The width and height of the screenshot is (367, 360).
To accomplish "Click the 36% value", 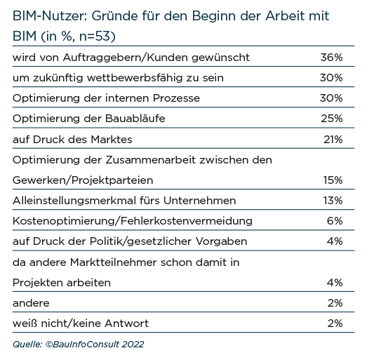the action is pos(331,58).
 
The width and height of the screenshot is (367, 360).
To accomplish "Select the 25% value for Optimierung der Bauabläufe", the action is pos(332,119).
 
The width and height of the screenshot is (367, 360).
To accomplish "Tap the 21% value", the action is pos(333,140).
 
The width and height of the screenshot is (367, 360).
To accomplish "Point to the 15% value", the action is pos(333,180).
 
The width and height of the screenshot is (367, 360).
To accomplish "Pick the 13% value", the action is pos(333,201).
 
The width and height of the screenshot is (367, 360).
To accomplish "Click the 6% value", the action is pos(335,221).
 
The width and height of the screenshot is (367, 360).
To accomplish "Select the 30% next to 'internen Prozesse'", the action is pos(331,98).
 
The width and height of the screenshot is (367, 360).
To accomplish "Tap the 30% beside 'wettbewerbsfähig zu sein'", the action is pos(331,78).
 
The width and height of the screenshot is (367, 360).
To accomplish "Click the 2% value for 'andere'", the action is pos(335,303).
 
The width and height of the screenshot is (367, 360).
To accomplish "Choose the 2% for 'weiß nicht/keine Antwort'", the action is pos(335,324).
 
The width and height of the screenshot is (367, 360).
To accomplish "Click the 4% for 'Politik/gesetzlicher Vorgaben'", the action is pos(335,241).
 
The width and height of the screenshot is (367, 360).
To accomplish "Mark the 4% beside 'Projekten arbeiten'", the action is pos(335,283).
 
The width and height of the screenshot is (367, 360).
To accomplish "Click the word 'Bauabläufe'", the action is pos(135,119).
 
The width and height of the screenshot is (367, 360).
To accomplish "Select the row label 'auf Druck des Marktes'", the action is pos(72,140).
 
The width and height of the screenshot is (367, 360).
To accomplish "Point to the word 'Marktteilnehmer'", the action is pos(113,262).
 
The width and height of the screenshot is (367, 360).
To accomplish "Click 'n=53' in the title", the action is pos(95,36).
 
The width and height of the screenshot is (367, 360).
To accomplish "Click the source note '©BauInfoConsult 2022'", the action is pos(95,345).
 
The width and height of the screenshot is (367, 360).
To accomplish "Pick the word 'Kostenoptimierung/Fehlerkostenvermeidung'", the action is pos(133,221).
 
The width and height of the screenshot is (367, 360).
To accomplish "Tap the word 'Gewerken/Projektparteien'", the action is pos(83,180).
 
